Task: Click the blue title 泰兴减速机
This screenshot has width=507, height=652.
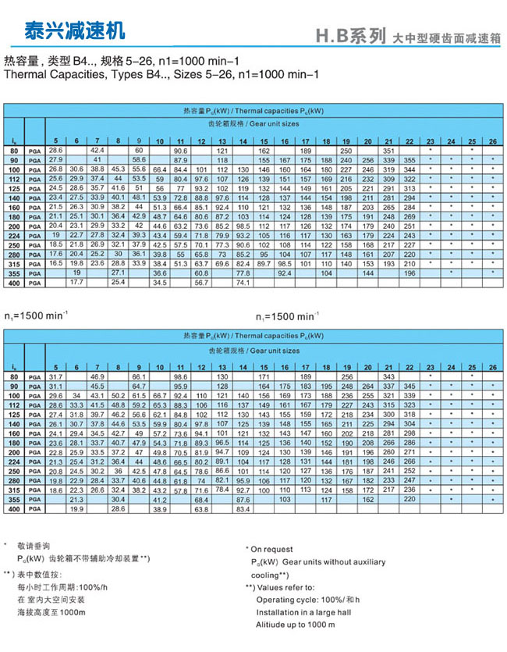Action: click(65, 31)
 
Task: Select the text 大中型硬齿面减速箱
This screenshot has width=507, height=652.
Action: click(447, 37)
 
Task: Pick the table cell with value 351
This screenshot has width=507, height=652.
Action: click(388, 150)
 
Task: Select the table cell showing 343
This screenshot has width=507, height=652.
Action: click(388, 377)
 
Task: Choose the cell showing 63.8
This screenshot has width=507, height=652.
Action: click(201, 508)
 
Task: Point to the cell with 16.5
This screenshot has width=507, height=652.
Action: click(55, 263)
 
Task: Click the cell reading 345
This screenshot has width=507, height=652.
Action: click(409, 387)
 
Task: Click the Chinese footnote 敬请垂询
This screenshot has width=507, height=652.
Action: click(37, 545)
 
